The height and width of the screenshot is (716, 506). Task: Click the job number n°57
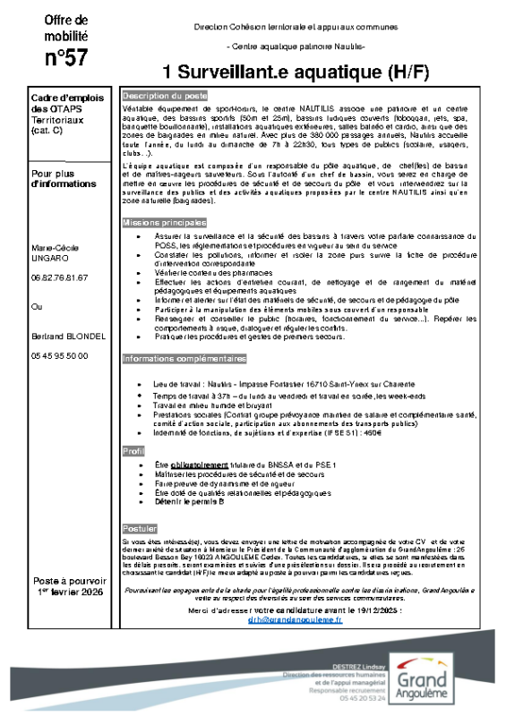click(x=66, y=58)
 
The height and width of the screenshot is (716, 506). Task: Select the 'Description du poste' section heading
click(x=165, y=95)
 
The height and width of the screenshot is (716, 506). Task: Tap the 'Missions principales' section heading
click(x=164, y=221)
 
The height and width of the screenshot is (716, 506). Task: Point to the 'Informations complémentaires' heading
click(x=184, y=359)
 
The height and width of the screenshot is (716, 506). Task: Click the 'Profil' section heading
click(x=133, y=451)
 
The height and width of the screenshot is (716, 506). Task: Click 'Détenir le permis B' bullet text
click(x=189, y=501)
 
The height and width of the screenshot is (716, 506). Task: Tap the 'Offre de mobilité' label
click(x=66, y=27)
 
